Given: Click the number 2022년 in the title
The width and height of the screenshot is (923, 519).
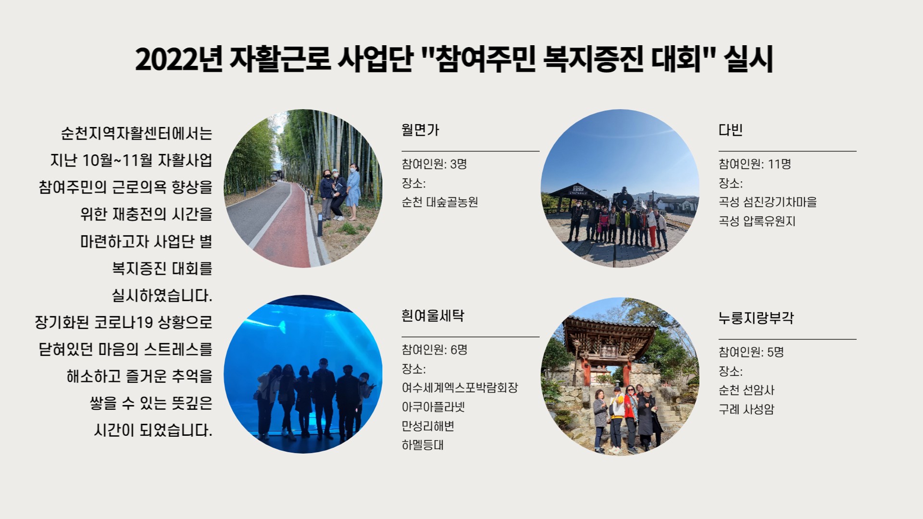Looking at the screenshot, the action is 179,60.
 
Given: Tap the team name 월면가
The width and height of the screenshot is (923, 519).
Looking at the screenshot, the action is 421,130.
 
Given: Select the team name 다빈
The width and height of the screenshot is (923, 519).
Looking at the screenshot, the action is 731,130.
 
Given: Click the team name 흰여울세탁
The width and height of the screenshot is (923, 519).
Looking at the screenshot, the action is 433,316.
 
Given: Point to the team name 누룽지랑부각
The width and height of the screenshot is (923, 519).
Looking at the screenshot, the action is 756,318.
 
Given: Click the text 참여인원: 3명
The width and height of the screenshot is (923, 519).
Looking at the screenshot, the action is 435,164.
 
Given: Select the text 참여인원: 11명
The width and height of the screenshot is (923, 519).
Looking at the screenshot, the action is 755,164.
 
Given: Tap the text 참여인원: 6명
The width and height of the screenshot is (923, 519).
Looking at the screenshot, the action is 435,350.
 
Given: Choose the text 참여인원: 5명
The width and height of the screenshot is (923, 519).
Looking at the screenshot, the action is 751,352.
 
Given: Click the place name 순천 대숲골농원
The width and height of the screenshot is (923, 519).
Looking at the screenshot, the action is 440,202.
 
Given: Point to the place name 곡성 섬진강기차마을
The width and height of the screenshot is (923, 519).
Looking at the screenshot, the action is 768,202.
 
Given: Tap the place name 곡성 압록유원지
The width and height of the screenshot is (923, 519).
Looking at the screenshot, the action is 757,221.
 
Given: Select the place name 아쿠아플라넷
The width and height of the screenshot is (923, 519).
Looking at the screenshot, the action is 434,407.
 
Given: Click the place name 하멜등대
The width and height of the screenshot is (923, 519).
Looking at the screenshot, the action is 423,445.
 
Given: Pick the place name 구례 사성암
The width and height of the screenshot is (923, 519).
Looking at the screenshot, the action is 747,409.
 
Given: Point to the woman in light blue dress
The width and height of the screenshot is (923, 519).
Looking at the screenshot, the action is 353,191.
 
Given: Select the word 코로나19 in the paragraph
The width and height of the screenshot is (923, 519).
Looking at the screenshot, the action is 123,322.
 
